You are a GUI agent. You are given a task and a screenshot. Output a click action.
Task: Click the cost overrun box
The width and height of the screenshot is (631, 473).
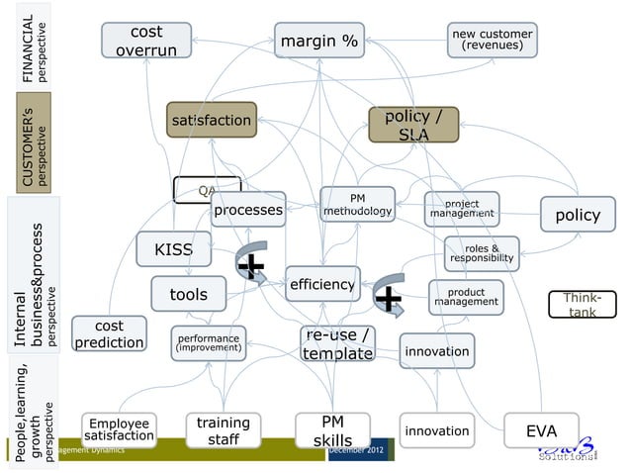(x=145, y=41)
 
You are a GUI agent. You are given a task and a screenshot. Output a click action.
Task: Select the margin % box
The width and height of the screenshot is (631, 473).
(x=319, y=42)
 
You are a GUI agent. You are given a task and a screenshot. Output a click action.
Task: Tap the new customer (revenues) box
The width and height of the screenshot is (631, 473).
(x=492, y=40)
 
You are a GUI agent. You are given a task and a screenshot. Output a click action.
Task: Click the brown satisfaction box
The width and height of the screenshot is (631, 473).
(x=211, y=121)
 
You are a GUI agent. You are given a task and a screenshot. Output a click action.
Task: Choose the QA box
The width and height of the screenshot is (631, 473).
(x=207, y=188)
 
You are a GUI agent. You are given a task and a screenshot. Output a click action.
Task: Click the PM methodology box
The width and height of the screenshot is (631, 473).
(x=357, y=206)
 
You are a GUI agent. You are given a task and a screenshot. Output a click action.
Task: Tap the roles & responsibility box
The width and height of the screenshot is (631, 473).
(x=482, y=252)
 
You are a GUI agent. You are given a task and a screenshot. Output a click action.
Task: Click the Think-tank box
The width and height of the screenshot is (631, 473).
(x=581, y=305)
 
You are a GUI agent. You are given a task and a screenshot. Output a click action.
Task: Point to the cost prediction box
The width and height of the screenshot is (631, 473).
(x=110, y=334)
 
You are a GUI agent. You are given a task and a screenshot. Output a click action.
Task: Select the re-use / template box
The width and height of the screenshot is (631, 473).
(x=337, y=343)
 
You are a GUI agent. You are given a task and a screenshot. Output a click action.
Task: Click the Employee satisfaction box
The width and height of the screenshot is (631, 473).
(x=118, y=429)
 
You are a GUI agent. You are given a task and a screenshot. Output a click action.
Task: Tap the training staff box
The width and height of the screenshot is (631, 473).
(x=223, y=431)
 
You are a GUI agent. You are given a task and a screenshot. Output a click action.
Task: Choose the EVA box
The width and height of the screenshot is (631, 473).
(x=541, y=431)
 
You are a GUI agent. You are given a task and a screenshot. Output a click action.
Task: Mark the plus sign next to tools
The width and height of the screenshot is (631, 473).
(x=252, y=265)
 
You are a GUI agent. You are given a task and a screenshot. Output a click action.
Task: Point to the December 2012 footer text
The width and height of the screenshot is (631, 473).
(x=359, y=450)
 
